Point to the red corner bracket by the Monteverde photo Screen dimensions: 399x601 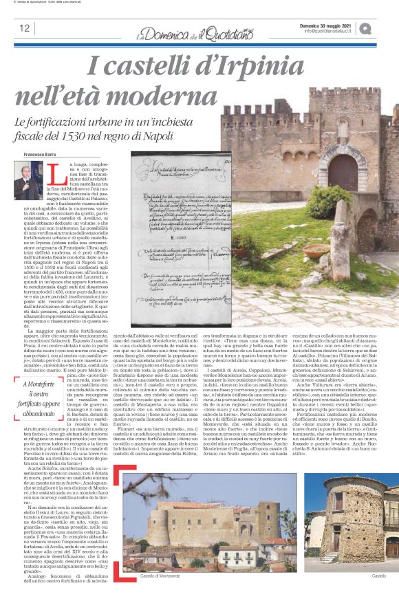point(118,471)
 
